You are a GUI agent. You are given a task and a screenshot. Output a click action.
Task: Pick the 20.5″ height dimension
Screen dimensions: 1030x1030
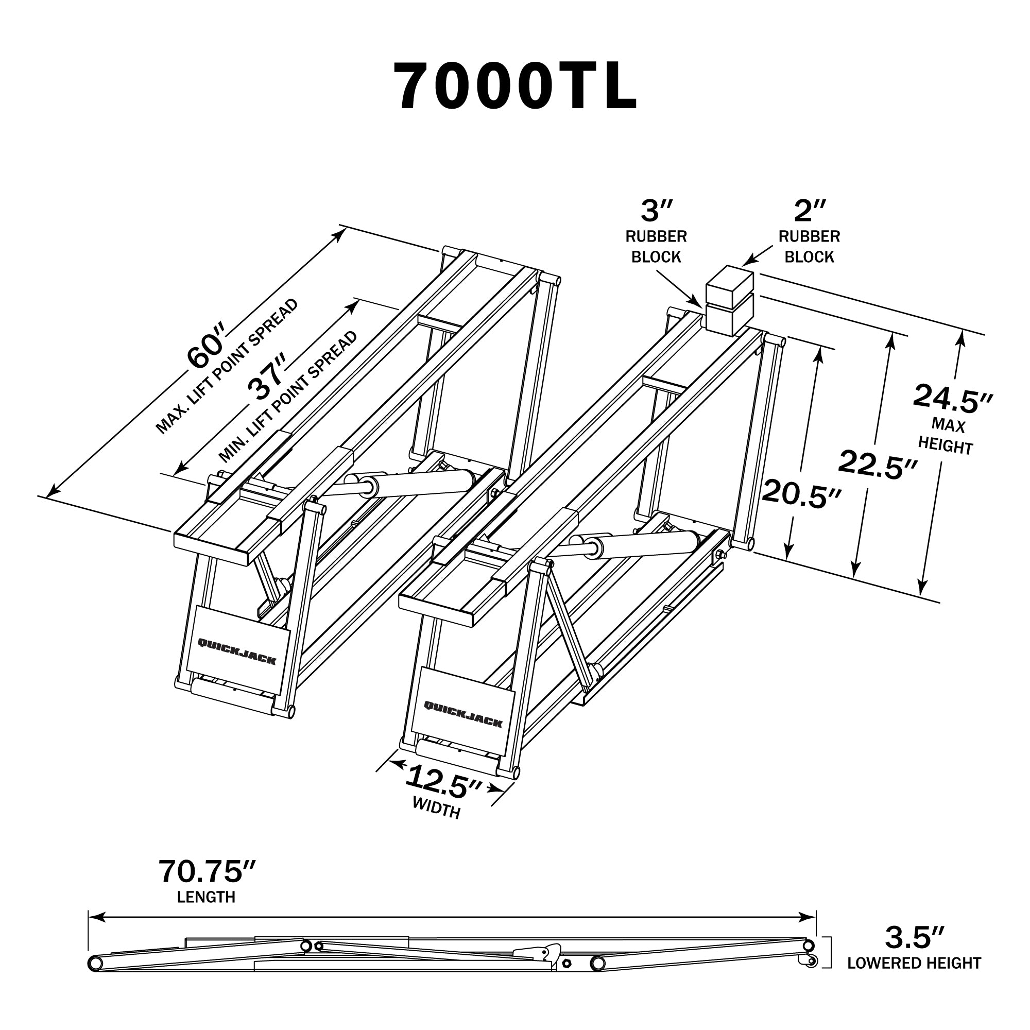click(x=802, y=494)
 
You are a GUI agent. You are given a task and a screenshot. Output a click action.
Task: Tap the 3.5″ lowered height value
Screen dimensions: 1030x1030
click(x=915, y=938)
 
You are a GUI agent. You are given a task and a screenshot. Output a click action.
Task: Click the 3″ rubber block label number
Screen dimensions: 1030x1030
click(x=657, y=211)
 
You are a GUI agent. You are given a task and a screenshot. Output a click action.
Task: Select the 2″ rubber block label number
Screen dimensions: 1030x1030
click(x=810, y=211)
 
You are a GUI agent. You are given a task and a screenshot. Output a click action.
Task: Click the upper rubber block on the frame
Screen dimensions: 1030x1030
click(x=729, y=286)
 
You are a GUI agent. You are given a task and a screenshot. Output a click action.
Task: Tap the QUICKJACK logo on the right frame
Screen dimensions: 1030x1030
click(x=463, y=714)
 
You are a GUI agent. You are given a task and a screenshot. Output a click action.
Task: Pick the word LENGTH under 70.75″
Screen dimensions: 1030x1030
click(x=207, y=897)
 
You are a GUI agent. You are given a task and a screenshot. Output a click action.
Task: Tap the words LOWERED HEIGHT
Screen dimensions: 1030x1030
click(x=914, y=963)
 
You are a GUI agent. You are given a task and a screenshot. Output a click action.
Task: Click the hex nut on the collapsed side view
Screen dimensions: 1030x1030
click(x=566, y=963)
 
